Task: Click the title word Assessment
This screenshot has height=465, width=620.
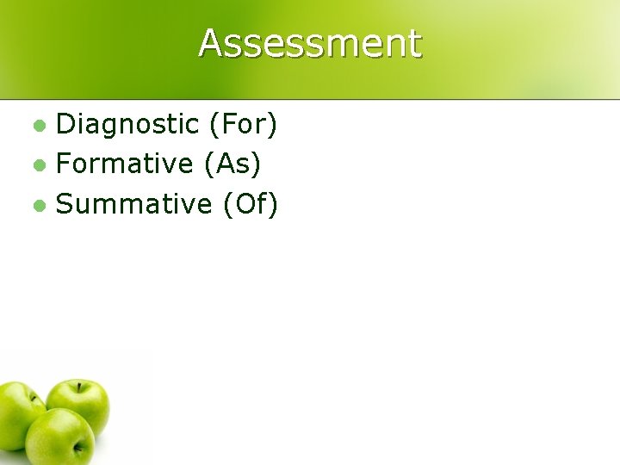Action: pos(310,43)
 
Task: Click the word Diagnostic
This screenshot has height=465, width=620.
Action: pos(127,125)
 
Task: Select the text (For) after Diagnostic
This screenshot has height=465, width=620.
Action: pos(243,125)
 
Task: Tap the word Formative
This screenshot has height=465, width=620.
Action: pos(125,164)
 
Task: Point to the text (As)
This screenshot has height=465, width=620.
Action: pos(233,164)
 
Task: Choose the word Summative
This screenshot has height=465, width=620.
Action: pos(133,204)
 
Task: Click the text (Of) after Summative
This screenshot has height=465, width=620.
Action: pos(251,204)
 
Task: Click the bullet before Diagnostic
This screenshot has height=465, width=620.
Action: pos(38,126)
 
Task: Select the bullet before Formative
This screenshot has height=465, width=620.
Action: pos(38,164)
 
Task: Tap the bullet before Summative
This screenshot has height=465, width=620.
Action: pos(38,205)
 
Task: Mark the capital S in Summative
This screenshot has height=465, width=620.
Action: pos(65,204)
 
